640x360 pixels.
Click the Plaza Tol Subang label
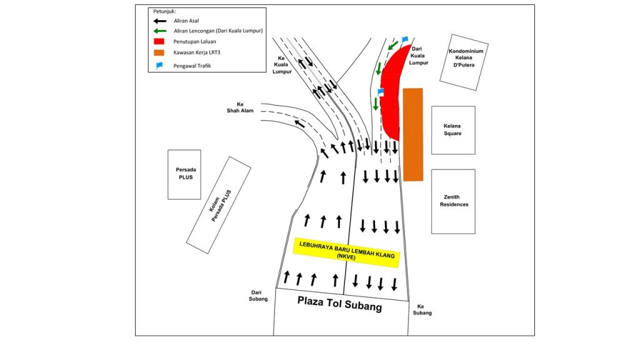tap(339, 304)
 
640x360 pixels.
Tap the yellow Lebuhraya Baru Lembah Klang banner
tap(346, 252)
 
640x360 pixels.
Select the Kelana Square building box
tap(453, 130)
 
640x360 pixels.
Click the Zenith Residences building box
tap(453, 202)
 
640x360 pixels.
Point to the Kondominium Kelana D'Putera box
tap(464, 62)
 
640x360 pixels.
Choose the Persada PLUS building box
tap(184, 174)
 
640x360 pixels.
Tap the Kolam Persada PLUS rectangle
tap(219, 205)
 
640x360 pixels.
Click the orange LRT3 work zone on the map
tap(413, 134)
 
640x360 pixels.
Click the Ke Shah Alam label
tap(240, 107)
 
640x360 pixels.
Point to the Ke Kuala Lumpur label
tap(282, 65)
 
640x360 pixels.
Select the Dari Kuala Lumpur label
tap(418, 56)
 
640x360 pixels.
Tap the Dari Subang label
tap(258, 296)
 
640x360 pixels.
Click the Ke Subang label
tap(422, 309)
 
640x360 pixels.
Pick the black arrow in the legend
tap(159, 21)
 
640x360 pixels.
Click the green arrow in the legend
tap(159, 31)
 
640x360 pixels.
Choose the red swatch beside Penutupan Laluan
tap(159, 41)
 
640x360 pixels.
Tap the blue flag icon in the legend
tap(159, 65)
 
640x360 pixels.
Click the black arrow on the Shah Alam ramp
tap(299, 123)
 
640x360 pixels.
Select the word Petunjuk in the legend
tap(164, 11)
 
